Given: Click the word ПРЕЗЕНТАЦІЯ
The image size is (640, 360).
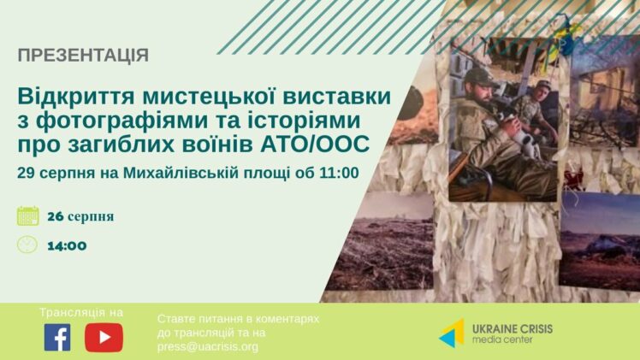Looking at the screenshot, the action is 83,56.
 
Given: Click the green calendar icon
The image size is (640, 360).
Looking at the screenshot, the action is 28,216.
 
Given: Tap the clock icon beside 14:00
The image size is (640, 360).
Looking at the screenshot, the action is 27,245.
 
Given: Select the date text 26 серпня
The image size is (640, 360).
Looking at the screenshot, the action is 80,216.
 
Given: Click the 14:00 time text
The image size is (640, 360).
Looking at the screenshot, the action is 67,246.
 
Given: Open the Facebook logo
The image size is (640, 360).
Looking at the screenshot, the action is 57,337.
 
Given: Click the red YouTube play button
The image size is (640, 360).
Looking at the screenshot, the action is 104,338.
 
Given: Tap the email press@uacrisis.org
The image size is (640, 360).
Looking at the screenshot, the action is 208,347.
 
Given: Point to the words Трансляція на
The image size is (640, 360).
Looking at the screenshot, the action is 81,313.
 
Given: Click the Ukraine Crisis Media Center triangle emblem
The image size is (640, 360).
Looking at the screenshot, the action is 453,333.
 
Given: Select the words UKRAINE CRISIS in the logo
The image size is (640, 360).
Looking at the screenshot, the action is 513,329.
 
